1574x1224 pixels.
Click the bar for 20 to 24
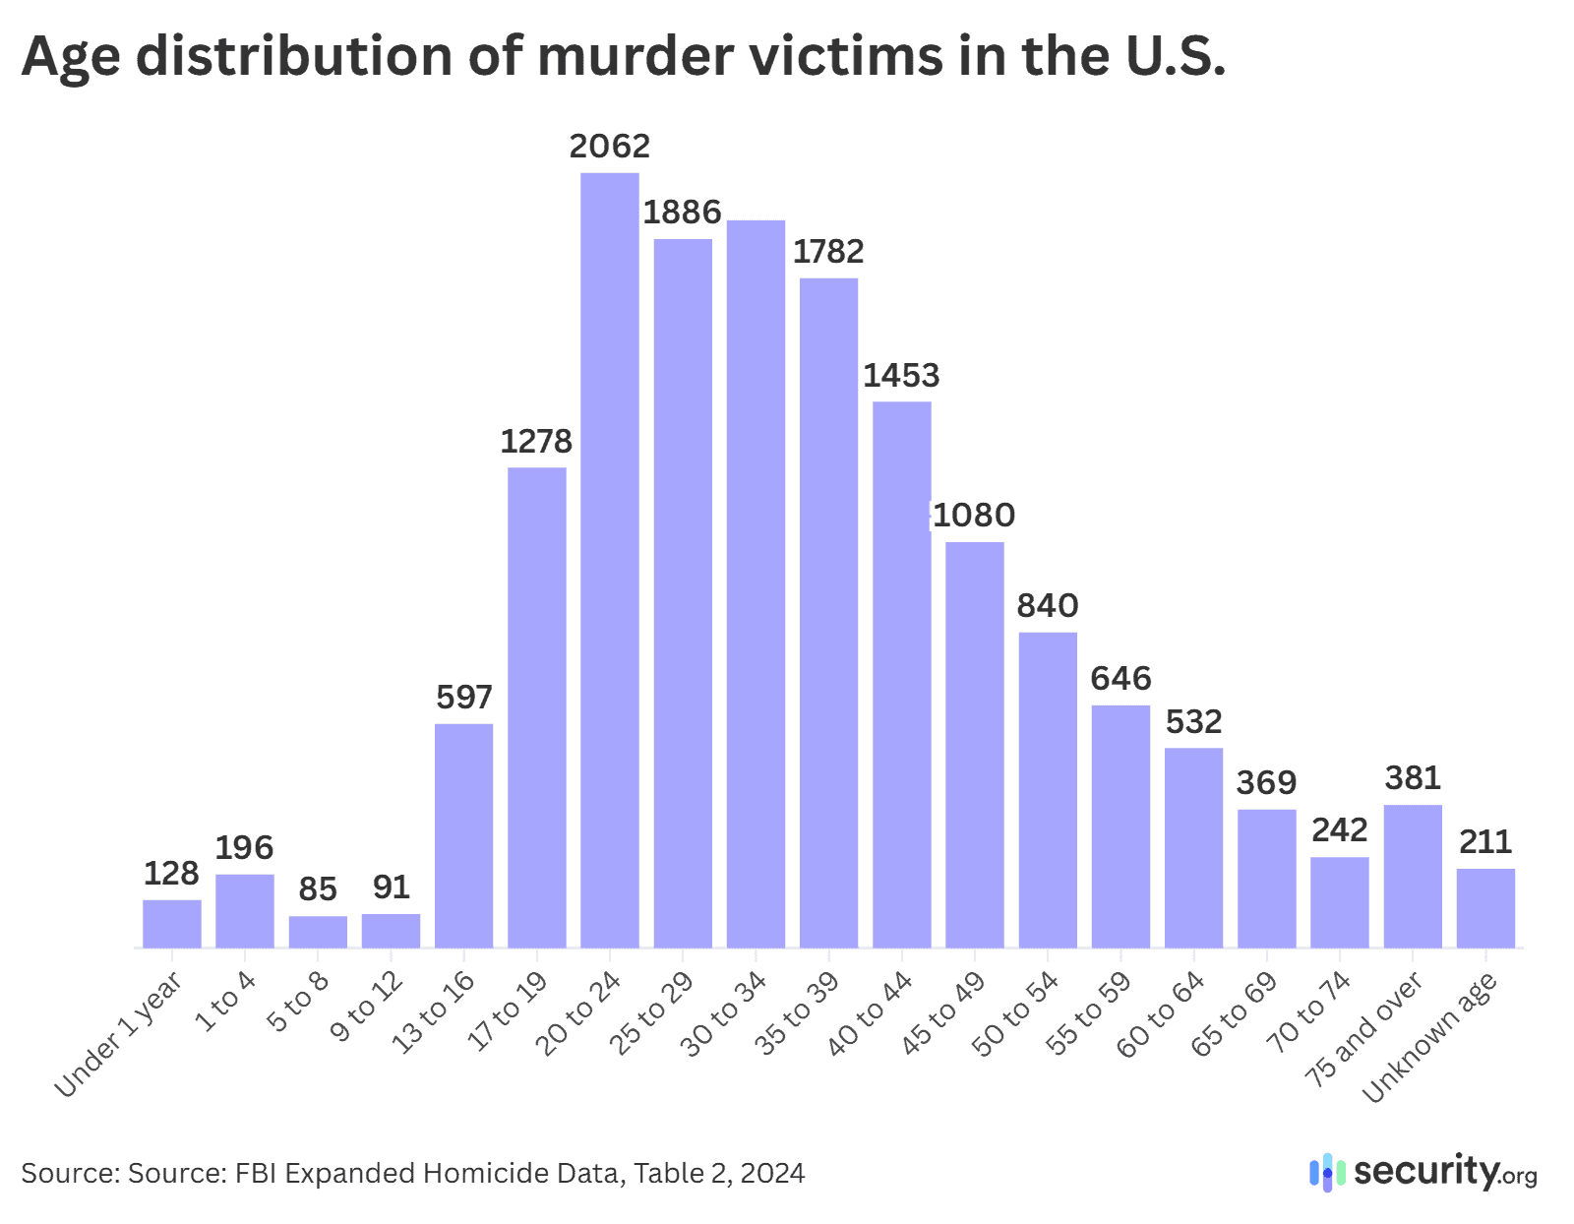[609, 561]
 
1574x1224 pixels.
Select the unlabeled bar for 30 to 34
[756, 584]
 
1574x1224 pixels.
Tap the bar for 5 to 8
[318, 932]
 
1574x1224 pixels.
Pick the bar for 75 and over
[1413, 876]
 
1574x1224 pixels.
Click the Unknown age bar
[1485, 908]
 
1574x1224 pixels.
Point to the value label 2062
[610, 147]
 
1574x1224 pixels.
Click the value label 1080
[974, 516]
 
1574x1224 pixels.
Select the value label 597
[463, 698]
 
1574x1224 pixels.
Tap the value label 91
[391, 887]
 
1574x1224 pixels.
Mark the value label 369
[1266, 783]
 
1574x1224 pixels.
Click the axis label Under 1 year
[119, 1033]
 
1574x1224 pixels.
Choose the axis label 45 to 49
[944, 1013]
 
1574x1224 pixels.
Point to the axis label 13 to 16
[434, 1012]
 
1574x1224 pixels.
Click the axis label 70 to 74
[1309, 1012]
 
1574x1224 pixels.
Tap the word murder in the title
[636, 56]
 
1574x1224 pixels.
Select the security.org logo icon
[1327, 1173]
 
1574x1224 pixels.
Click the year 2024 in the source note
[772, 1174]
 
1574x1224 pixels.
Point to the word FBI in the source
[256, 1174]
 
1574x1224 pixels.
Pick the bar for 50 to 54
[1048, 790]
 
